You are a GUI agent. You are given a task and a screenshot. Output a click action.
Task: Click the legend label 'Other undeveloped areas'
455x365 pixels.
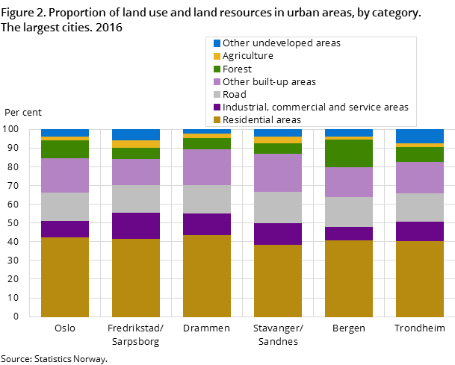[281, 43]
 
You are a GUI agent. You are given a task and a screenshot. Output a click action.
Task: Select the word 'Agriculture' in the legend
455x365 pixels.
[247, 56]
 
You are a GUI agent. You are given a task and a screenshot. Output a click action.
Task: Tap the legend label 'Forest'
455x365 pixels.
[237, 69]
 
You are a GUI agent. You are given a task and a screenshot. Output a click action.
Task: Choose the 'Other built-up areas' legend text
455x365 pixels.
[269, 81]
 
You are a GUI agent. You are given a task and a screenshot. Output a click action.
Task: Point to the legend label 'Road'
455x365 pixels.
[235, 95]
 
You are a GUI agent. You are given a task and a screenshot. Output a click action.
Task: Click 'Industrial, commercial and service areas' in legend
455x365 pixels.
[315, 107]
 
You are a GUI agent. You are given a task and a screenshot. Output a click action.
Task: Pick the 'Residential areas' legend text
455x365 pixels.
[261, 120]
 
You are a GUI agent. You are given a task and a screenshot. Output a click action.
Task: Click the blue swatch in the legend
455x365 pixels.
[217, 43]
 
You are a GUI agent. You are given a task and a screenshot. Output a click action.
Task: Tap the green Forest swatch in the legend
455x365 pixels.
[217, 69]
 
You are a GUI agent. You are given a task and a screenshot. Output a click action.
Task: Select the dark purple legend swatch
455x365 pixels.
[217, 107]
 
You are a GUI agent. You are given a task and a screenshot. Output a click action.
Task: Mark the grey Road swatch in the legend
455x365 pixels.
[217, 95]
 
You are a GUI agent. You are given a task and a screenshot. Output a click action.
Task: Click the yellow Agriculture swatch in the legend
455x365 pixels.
[217, 56]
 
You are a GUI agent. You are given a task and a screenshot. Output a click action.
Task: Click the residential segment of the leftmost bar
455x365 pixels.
[65, 277]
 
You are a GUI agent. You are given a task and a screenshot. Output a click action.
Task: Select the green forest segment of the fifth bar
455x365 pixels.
[349, 153]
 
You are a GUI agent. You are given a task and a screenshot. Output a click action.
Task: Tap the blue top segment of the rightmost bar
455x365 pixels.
[420, 136]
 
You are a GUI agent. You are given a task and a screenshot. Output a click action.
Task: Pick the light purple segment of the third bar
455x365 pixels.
[207, 167]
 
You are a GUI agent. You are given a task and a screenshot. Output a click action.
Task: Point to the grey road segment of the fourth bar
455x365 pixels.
[278, 208]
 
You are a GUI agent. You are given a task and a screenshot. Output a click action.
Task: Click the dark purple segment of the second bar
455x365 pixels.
[136, 225]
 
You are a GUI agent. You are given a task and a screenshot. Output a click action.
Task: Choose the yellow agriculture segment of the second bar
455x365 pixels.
[136, 144]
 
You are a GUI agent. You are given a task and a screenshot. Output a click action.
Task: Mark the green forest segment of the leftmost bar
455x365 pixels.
[65, 149]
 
